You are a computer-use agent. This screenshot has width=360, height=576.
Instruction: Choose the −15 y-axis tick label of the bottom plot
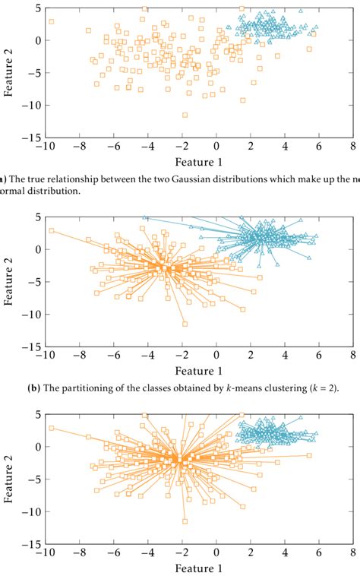point(29,545)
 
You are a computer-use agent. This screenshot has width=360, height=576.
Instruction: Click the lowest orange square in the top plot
point(185,115)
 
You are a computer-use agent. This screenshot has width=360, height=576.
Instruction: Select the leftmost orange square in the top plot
point(52,22)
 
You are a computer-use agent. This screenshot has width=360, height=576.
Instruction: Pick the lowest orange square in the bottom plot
point(185,521)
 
